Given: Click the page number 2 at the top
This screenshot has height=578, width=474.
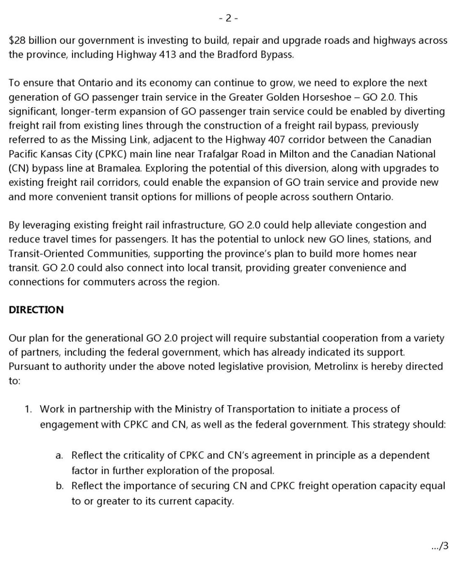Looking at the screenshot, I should (x=228, y=18).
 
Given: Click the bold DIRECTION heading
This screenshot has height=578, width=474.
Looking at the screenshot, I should (x=36, y=310).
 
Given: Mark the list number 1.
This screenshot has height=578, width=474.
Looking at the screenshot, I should (x=28, y=409).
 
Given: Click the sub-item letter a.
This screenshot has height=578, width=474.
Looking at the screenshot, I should (x=59, y=455).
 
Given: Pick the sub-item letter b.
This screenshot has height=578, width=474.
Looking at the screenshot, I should (x=59, y=486).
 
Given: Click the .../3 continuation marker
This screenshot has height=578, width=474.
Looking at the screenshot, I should (x=439, y=546).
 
